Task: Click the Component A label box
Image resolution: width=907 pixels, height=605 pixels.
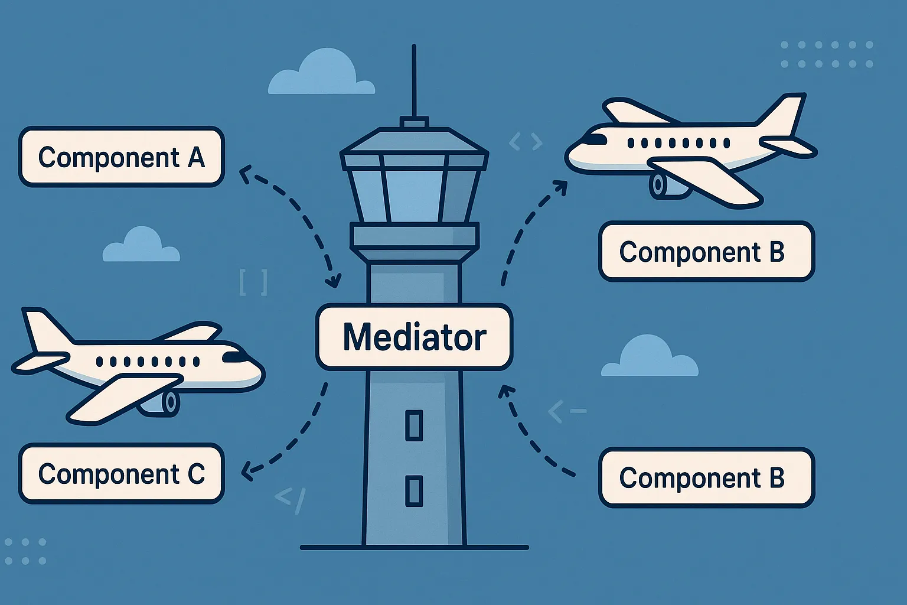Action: click(121, 157)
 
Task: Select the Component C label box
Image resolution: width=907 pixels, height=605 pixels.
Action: click(121, 474)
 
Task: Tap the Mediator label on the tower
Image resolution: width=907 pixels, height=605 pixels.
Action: click(414, 337)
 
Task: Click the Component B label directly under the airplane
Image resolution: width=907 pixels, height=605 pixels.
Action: click(706, 252)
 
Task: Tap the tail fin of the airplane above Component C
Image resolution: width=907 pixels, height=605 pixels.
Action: click(41, 328)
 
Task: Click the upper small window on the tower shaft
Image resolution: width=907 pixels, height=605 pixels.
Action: click(414, 425)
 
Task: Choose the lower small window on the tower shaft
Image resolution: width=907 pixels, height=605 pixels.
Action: click(414, 490)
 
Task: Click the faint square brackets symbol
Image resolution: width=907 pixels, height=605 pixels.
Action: click(253, 282)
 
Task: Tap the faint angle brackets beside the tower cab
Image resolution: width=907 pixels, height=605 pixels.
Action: click(525, 141)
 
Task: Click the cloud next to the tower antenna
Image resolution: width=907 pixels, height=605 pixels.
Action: click(322, 74)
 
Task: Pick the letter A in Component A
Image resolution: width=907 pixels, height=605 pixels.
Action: click(196, 157)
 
